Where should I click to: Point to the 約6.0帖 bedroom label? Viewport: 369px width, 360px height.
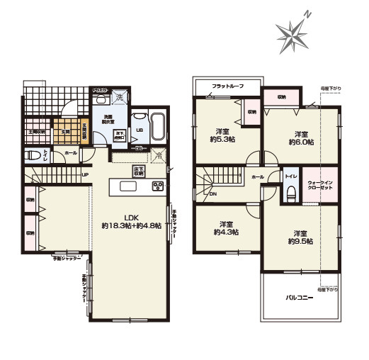[300, 137]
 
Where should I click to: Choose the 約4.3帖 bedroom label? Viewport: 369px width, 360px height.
[225, 228]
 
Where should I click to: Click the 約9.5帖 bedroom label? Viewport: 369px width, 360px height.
[300, 237]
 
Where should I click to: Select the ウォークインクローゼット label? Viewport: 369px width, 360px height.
[321, 187]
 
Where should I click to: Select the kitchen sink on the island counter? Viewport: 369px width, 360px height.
[128, 187]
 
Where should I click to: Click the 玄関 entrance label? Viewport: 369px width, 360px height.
[64, 132]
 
